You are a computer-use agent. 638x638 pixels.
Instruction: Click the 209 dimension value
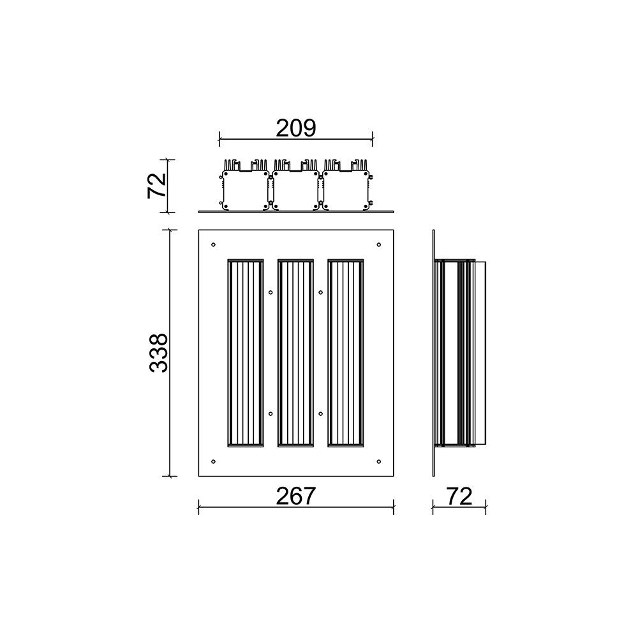pyautogui.click(x=295, y=128)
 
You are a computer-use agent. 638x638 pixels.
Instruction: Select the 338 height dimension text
pyautogui.click(x=158, y=353)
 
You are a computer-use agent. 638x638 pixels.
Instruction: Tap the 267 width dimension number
pyautogui.click(x=295, y=496)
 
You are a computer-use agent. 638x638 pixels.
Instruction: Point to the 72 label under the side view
pyautogui.click(x=459, y=496)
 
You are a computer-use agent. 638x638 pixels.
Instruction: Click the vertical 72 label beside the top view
pyautogui.click(x=157, y=186)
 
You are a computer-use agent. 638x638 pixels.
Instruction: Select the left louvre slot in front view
pyautogui.click(x=245, y=353)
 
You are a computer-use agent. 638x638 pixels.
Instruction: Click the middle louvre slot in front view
pyautogui.click(x=295, y=353)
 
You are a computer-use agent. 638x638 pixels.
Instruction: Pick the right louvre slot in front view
pyautogui.click(x=346, y=353)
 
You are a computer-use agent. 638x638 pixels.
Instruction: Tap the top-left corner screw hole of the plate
pyautogui.click(x=213, y=244)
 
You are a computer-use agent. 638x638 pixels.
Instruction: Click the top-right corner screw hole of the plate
pyautogui.click(x=379, y=244)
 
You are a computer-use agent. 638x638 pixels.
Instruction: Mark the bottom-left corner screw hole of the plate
pyautogui.click(x=213, y=461)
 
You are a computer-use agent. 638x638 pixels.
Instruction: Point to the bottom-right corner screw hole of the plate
pyautogui.click(x=379, y=461)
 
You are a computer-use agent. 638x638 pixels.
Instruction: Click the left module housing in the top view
pyautogui.click(x=245, y=188)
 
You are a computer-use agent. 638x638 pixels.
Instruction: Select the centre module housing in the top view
pyautogui.click(x=295, y=188)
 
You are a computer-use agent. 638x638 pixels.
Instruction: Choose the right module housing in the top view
pyautogui.click(x=346, y=188)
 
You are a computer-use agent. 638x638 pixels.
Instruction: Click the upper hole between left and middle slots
pyautogui.click(x=271, y=293)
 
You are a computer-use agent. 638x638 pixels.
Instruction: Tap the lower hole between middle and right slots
pyautogui.click(x=320, y=413)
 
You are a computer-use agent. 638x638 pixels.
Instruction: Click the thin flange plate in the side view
pyautogui.click(x=433, y=353)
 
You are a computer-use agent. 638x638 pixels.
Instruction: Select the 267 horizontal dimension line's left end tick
pyautogui.click(x=199, y=508)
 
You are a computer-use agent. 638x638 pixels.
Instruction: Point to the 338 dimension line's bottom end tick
pyautogui.click(x=169, y=476)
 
